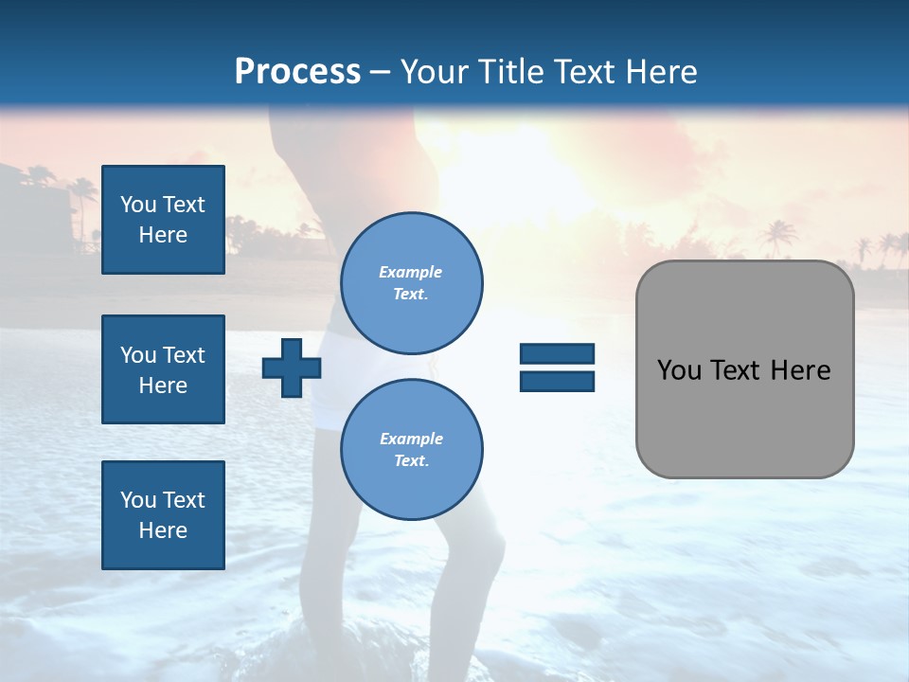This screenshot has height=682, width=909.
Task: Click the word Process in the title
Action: point(297,72)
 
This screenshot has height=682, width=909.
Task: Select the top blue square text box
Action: point(163,220)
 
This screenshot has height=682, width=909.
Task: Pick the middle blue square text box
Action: point(163,369)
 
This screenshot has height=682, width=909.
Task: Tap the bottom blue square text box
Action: point(163,515)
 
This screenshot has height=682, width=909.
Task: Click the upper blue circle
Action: point(411,283)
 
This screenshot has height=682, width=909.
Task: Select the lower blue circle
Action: point(411,450)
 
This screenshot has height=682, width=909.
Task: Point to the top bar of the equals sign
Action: point(557,354)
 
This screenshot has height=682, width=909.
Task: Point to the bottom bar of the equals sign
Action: point(557,382)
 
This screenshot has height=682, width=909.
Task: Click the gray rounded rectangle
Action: point(744,417)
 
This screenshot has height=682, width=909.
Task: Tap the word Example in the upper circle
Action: point(411,272)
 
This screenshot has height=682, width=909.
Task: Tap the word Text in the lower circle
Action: point(410,461)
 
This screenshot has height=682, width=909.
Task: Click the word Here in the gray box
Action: point(800,370)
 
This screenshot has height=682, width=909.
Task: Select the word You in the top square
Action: point(137,205)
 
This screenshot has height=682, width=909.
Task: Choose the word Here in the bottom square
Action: point(163,530)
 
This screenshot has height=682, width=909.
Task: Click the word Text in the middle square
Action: point(184,355)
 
